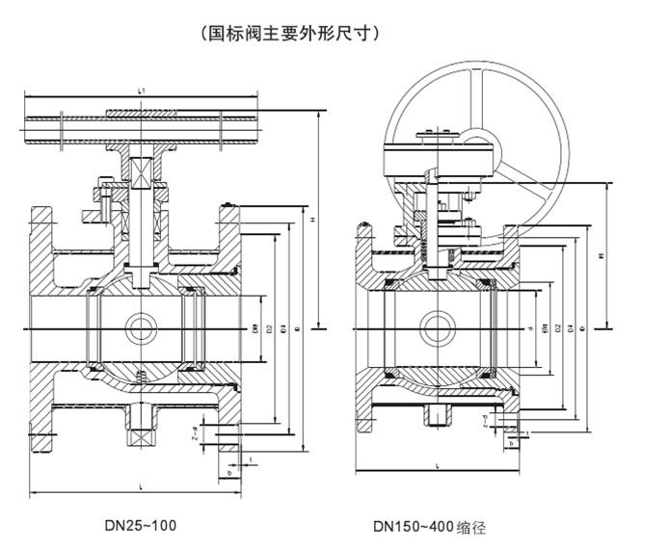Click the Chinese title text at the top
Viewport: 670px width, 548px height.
pyautogui.click(x=291, y=33)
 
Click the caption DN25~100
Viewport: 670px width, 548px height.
pyautogui.click(x=140, y=526)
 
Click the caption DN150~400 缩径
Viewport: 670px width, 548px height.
pyautogui.click(x=429, y=527)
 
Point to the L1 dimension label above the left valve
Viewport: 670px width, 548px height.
pyautogui.click(x=142, y=91)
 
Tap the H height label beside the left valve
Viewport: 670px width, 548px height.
pyautogui.click(x=313, y=221)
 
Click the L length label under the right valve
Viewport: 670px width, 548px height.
pyautogui.click(x=439, y=465)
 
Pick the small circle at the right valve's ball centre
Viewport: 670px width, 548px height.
pyautogui.click(x=442, y=325)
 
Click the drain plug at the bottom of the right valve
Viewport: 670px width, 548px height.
pyautogui.click(x=441, y=417)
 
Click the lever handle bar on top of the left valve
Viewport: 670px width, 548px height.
pyautogui.click(x=142, y=123)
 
